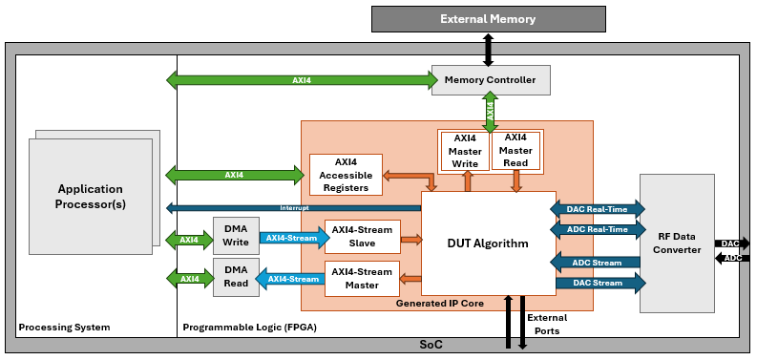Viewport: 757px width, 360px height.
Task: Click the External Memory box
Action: tap(488, 19)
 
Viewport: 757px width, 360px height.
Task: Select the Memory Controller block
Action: tap(491, 79)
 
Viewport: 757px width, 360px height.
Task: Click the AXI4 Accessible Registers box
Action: tap(346, 175)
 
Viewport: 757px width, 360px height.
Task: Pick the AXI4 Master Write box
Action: tap(465, 151)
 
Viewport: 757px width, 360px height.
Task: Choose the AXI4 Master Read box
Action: tap(516, 151)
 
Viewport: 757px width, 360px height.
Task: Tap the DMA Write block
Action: tap(236, 237)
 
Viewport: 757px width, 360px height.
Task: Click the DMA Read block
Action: tap(236, 277)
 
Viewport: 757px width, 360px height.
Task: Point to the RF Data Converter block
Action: tap(677, 244)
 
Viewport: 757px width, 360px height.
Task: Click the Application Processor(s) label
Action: tap(91, 197)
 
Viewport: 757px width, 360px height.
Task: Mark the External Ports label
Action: tap(546, 325)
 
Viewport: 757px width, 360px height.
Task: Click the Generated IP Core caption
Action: tap(439, 303)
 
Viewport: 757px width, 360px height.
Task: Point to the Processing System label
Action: tap(64, 328)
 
